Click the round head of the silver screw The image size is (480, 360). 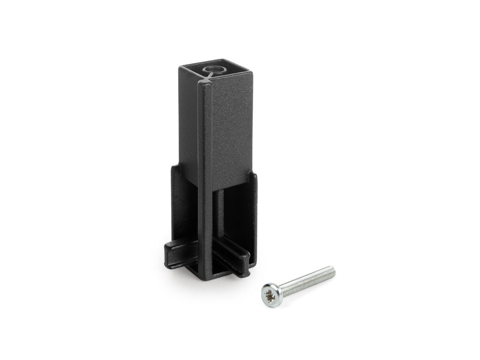271,294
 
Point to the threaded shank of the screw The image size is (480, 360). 309,280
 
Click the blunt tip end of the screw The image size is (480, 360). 333,270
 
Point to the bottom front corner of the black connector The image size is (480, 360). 206,277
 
